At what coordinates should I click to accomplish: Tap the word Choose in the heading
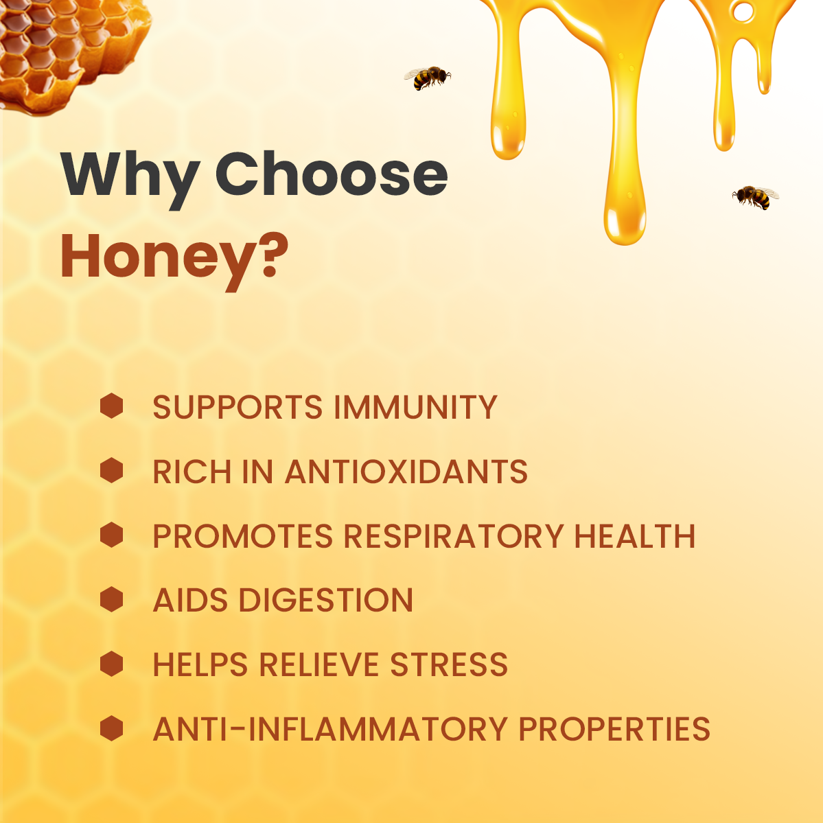click(332, 174)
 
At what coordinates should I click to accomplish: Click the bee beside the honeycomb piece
click(427, 78)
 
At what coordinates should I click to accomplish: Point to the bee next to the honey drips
click(755, 197)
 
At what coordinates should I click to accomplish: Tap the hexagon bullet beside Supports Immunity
click(111, 406)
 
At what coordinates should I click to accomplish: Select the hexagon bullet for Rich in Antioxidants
click(111, 471)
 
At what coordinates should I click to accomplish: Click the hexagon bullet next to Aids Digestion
click(111, 599)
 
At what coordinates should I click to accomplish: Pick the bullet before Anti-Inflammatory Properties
click(111, 728)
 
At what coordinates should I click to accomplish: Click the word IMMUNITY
click(415, 408)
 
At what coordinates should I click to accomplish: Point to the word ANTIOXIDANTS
click(406, 472)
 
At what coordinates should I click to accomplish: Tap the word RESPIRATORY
click(454, 536)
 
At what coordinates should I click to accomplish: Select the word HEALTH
click(635, 536)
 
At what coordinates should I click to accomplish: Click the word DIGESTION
click(326, 601)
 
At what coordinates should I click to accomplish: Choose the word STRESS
click(449, 665)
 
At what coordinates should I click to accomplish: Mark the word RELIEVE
click(319, 665)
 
